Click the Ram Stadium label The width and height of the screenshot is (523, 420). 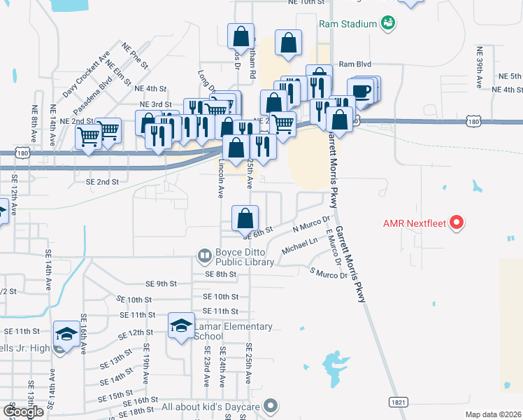(348, 24)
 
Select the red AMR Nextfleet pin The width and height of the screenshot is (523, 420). (457, 223)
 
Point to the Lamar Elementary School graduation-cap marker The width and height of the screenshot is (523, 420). (180, 325)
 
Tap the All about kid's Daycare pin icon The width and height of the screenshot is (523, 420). (271, 405)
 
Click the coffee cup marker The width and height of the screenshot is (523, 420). (360, 91)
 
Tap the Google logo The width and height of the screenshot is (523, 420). (23, 412)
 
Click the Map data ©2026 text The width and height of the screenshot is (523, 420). (493, 414)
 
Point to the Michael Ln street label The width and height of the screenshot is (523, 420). (299, 247)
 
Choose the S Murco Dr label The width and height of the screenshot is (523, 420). (329, 272)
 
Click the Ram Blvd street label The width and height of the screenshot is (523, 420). (354, 64)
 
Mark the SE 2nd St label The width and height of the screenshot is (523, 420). (102, 181)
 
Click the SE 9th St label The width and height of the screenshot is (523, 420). (161, 283)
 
